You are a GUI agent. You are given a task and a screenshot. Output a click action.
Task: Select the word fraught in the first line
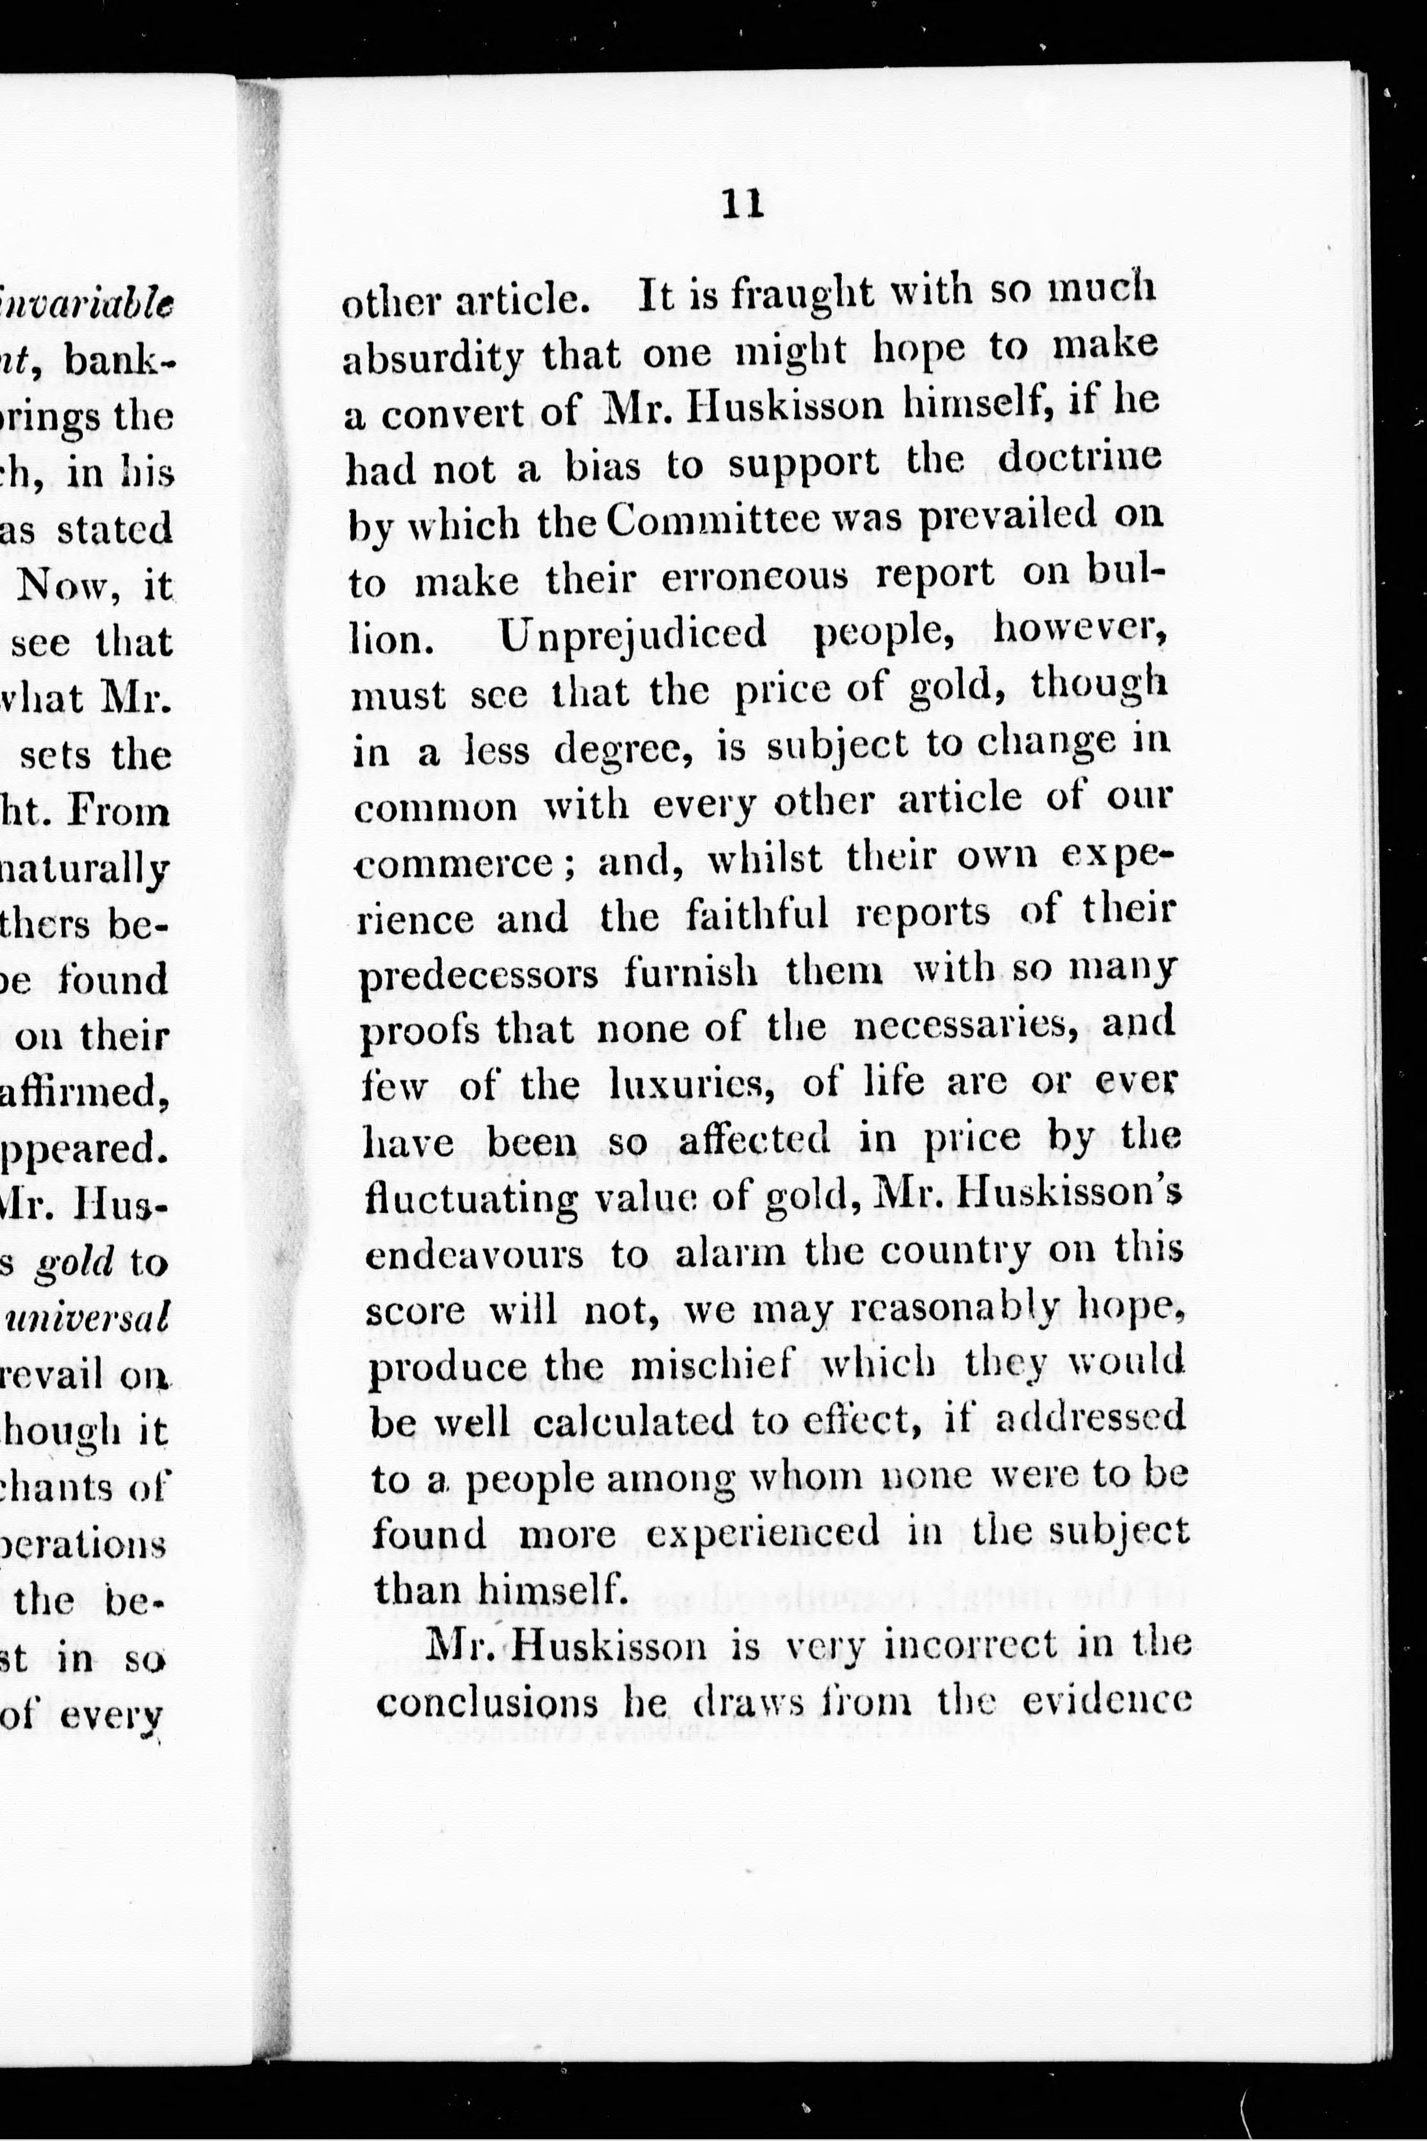798,296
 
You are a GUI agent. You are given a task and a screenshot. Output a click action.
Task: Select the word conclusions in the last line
486,1703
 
